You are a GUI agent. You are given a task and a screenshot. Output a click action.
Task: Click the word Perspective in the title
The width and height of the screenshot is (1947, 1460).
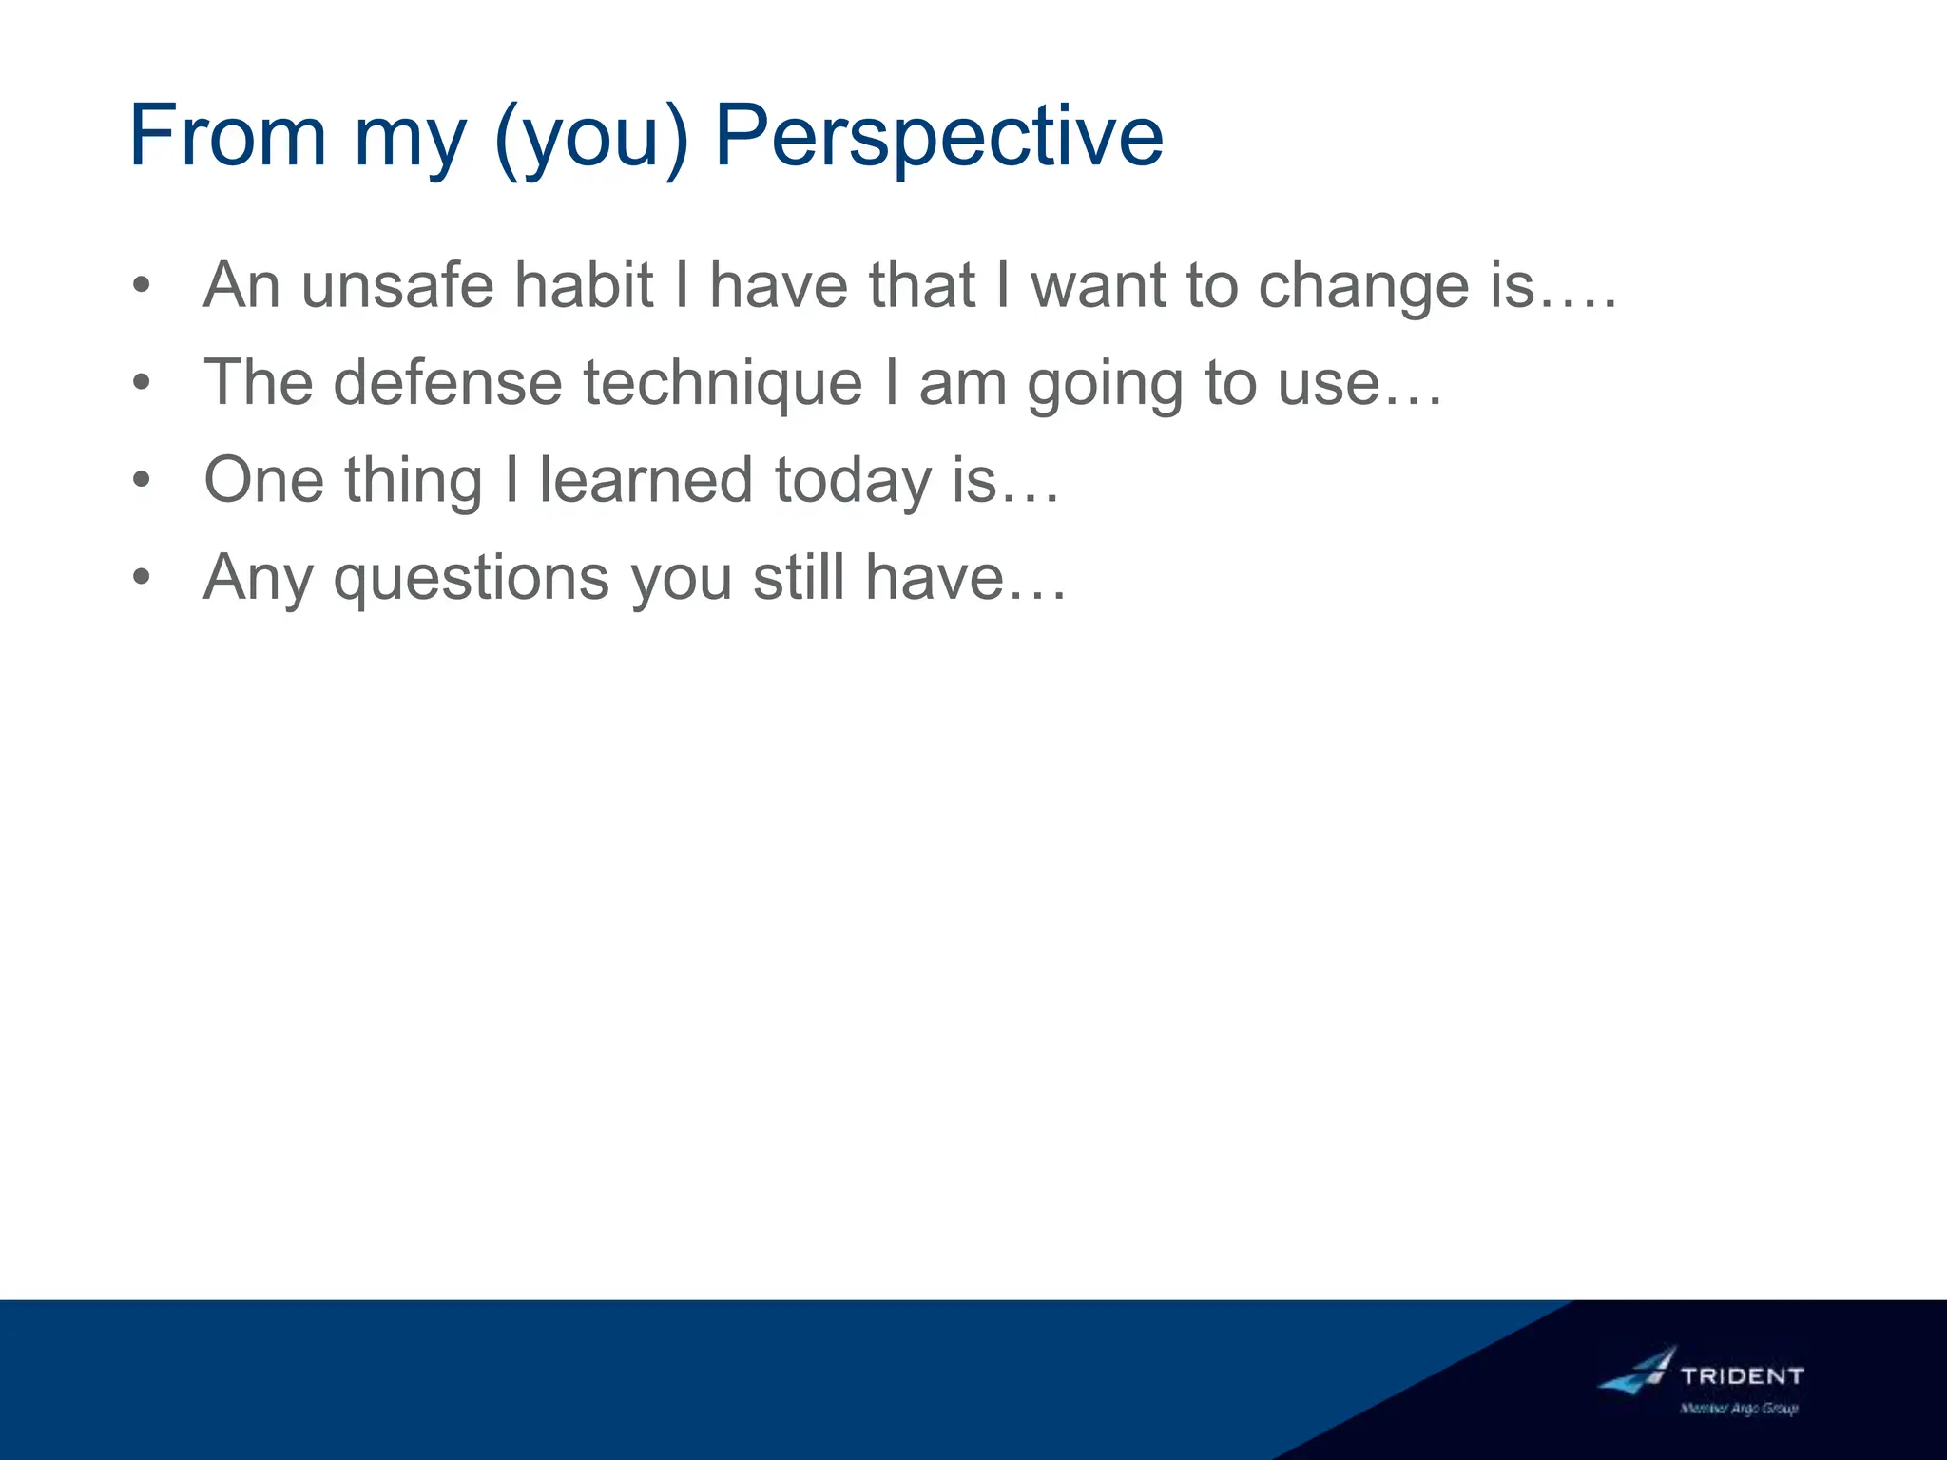(938, 138)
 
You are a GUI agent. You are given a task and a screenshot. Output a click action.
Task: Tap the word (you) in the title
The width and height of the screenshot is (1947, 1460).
(590, 138)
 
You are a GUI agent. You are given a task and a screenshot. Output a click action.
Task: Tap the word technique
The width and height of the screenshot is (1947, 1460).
(723, 385)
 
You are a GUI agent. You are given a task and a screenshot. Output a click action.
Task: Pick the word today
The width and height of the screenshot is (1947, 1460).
(853, 481)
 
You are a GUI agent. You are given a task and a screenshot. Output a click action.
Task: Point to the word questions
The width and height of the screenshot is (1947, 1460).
(471, 579)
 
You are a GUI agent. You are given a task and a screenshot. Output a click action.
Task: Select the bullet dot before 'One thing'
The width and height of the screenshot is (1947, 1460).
(142, 480)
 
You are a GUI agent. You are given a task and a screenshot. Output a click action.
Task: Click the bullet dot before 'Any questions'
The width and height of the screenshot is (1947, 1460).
(142, 577)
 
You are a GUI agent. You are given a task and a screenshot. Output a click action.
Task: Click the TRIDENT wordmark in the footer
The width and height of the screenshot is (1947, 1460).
(1742, 1375)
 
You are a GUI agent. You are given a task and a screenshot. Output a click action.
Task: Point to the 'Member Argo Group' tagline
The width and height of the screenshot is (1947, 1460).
(1739, 1409)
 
